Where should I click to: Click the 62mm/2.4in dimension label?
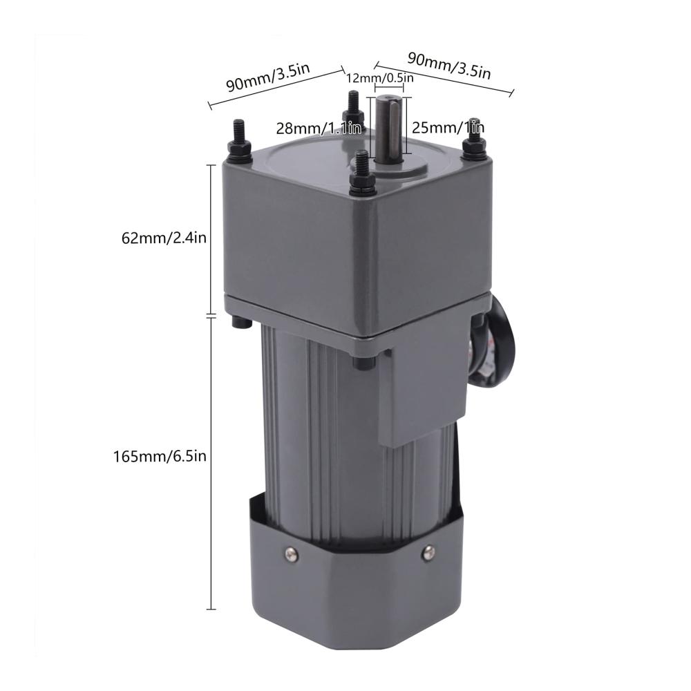tap(164, 238)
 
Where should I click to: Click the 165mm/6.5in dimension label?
tap(160, 456)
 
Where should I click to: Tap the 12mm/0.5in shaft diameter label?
tap(380, 79)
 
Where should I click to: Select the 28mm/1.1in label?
tap(319, 129)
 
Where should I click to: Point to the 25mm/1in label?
tap(448, 128)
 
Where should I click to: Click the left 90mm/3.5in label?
tap(268, 77)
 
